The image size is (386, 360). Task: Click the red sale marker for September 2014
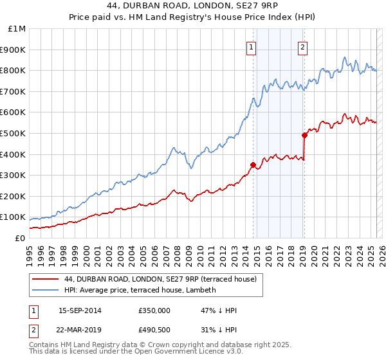[253, 165]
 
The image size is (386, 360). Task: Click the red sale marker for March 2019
[304, 135]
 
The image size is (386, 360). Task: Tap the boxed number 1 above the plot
[250, 46]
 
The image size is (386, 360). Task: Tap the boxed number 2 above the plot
[302, 46]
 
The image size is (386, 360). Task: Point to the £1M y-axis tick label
[17, 29]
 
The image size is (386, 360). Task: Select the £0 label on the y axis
[20, 238]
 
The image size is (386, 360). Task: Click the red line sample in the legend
[46, 279]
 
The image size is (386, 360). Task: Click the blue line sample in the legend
[46, 290]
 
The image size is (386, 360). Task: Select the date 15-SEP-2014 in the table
[80, 310]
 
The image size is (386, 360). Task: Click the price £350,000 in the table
[154, 310]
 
